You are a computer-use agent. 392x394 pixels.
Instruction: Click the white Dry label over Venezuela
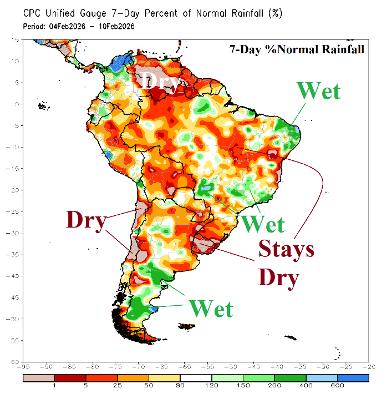click(x=160, y=82)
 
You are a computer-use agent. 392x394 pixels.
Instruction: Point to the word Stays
click(x=286, y=250)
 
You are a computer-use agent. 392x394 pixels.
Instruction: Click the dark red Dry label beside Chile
click(x=86, y=220)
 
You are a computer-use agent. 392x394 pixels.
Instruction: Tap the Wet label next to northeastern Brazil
click(x=318, y=90)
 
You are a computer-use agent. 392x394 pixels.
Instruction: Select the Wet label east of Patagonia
click(x=211, y=309)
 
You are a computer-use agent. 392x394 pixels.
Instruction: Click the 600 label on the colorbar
click(x=335, y=385)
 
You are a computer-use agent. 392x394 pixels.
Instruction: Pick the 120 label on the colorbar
click(x=209, y=385)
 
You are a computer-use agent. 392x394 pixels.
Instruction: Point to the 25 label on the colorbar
click(x=117, y=385)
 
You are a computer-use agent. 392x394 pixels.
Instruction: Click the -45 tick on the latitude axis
click(x=16, y=297)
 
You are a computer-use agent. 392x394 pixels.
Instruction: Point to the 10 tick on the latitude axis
click(x=17, y=61)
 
